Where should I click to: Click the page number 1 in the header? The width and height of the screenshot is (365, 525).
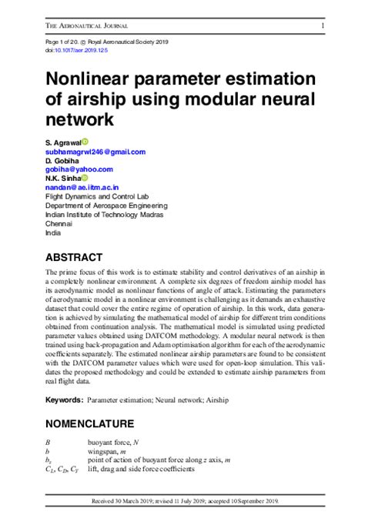pos(322,25)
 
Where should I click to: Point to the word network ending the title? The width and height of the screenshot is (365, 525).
pos(79,120)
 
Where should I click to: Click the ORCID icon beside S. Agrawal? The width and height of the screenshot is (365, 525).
pos(85,142)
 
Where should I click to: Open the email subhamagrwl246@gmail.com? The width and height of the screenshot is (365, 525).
pos(95,152)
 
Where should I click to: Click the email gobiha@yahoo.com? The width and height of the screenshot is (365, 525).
pos(79,169)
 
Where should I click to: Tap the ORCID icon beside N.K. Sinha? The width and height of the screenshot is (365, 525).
pos(85,178)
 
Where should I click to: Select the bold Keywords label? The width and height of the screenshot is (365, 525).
pos(64,401)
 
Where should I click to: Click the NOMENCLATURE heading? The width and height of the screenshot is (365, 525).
pos(90,423)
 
